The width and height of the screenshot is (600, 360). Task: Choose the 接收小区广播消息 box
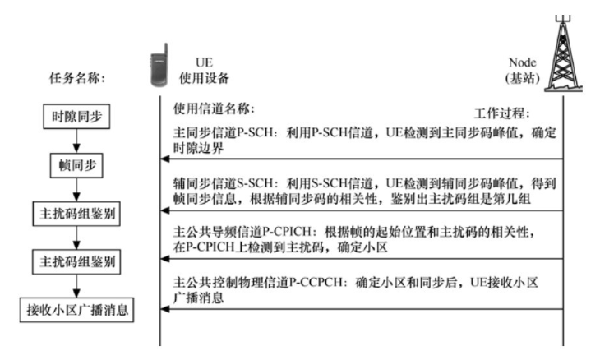[75, 312]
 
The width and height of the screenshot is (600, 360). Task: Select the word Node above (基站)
[522, 62]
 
